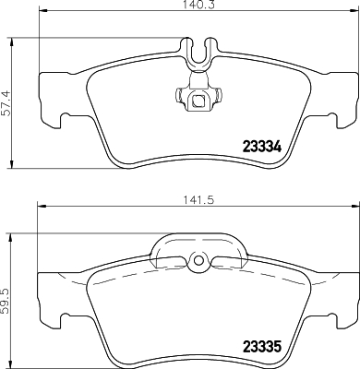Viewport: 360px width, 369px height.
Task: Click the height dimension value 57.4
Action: pos(6,101)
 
